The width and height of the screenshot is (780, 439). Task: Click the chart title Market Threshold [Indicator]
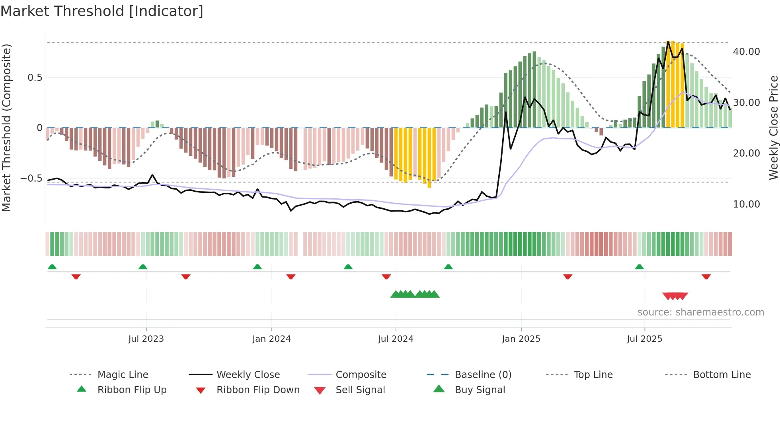pos(102,11)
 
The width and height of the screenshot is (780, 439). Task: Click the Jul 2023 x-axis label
pos(146,339)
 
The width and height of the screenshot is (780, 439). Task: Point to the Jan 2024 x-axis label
pos(271,339)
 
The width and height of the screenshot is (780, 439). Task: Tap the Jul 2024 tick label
pos(396,339)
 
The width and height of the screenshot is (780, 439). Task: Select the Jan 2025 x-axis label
pos(521,339)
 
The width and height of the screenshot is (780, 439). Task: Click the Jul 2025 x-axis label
pos(644,339)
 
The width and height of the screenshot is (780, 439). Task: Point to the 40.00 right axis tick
pos(746,52)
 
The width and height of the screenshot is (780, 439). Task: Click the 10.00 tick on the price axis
pos(746,204)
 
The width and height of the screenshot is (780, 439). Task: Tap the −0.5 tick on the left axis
pos(31,178)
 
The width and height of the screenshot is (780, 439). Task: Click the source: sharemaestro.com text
pos(700,312)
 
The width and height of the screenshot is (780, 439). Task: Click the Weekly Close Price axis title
pos(773,127)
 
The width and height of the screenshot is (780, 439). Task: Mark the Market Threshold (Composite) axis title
pos(6,127)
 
